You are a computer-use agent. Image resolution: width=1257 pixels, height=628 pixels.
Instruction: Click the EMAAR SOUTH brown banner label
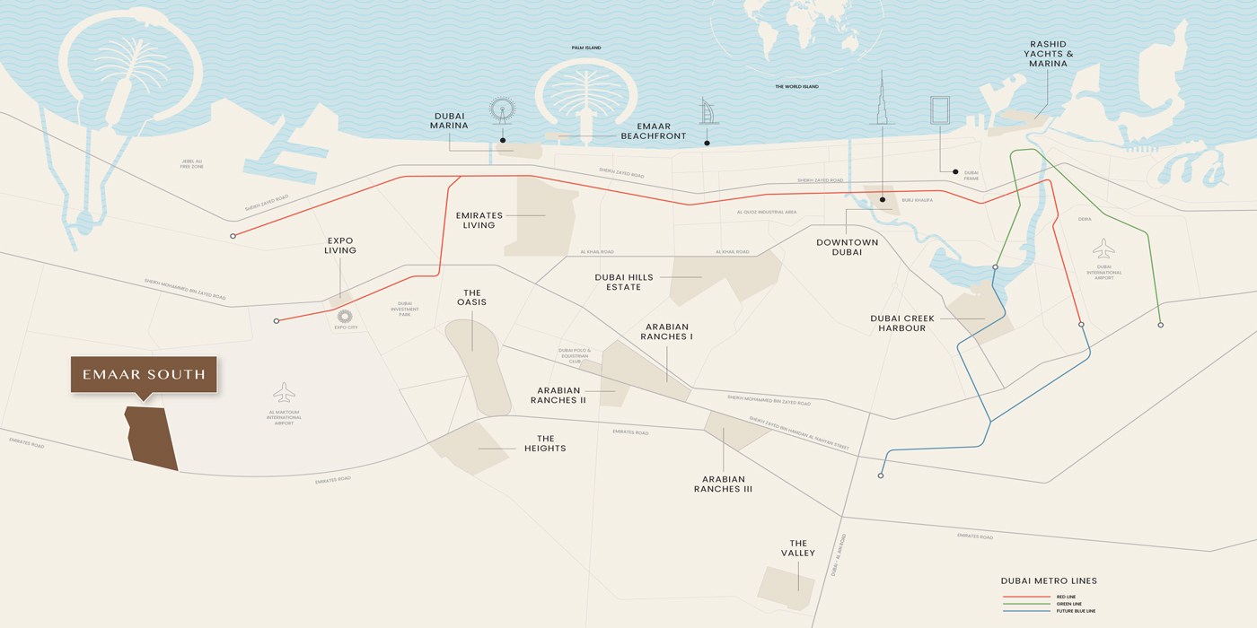[144, 374]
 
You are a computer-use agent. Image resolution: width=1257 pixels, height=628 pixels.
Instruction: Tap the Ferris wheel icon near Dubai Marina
[503, 110]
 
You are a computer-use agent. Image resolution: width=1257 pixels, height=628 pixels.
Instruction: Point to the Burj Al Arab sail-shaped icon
[708, 111]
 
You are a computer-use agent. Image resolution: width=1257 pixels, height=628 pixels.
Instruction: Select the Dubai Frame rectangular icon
[940, 112]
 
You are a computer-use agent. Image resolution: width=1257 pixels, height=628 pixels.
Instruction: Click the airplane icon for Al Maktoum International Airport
[284, 393]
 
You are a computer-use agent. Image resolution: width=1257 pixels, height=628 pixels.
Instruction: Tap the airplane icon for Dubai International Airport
[1103, 248]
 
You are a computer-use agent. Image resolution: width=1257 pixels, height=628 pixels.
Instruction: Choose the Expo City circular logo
[345, 316]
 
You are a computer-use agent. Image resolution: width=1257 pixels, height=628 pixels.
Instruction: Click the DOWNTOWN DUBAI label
[847, 248]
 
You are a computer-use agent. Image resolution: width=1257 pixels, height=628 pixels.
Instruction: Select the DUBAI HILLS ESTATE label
[624, 283]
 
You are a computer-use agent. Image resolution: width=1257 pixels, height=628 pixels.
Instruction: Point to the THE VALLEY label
[798, 548]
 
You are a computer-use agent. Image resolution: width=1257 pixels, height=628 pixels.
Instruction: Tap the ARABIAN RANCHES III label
[723, 484]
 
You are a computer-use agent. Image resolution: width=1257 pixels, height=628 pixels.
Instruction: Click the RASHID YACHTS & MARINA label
[1048, 54]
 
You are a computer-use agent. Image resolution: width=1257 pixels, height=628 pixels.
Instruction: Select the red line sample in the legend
[1025, 597]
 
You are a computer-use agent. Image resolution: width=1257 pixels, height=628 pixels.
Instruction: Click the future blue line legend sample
[1025, 611]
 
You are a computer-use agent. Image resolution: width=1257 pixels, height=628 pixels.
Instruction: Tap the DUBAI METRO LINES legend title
[1049, 580]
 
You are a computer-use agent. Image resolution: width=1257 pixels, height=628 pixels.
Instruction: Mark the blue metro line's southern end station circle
[881, 475]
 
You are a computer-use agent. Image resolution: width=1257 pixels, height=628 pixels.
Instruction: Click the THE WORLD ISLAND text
[796, 87]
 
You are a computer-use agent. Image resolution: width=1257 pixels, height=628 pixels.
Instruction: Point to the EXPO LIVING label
[340, 246]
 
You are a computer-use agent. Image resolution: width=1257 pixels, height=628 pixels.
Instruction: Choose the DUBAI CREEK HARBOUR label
[902, 323]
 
